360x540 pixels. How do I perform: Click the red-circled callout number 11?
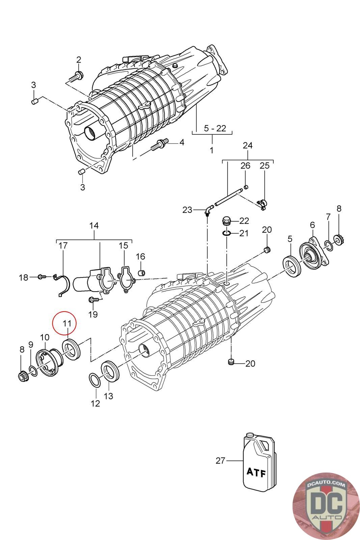tap(67, 323)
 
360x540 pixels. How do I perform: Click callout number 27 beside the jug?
tap(220, 460)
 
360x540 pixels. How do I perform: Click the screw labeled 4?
tap(159, 145)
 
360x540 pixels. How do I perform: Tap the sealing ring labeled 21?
tap(227, 233)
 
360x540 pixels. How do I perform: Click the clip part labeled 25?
tap(262, 203)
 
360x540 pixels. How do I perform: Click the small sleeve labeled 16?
tap(142, 272)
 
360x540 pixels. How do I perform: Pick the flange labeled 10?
tap(47, 362)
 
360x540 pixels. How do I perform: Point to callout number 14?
tap(94, 225)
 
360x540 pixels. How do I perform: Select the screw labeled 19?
tap(93, 299)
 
